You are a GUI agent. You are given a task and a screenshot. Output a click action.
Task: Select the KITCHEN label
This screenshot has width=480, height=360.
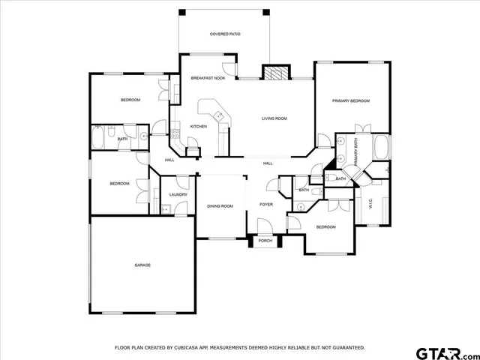(198, 126)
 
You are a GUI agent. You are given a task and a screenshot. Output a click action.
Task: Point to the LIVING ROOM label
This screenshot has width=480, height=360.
(274, 118)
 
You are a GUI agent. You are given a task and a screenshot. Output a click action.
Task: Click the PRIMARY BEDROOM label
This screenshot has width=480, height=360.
(351, 100)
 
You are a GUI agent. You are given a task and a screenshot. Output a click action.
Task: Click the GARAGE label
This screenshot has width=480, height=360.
(142, 265)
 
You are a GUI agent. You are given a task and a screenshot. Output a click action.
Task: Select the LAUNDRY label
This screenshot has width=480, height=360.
(178, 194)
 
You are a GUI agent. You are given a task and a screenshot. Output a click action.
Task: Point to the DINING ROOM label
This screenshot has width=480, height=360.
(220, 205)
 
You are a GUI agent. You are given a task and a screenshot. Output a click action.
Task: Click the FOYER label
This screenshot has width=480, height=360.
(266, 204)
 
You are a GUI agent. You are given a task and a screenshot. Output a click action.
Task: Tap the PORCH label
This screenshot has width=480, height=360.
(265, 241)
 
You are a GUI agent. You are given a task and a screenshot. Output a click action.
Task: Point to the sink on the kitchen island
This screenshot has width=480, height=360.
(218, 115)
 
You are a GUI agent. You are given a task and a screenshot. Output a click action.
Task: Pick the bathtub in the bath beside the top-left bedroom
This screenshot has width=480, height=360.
(99, 138)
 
